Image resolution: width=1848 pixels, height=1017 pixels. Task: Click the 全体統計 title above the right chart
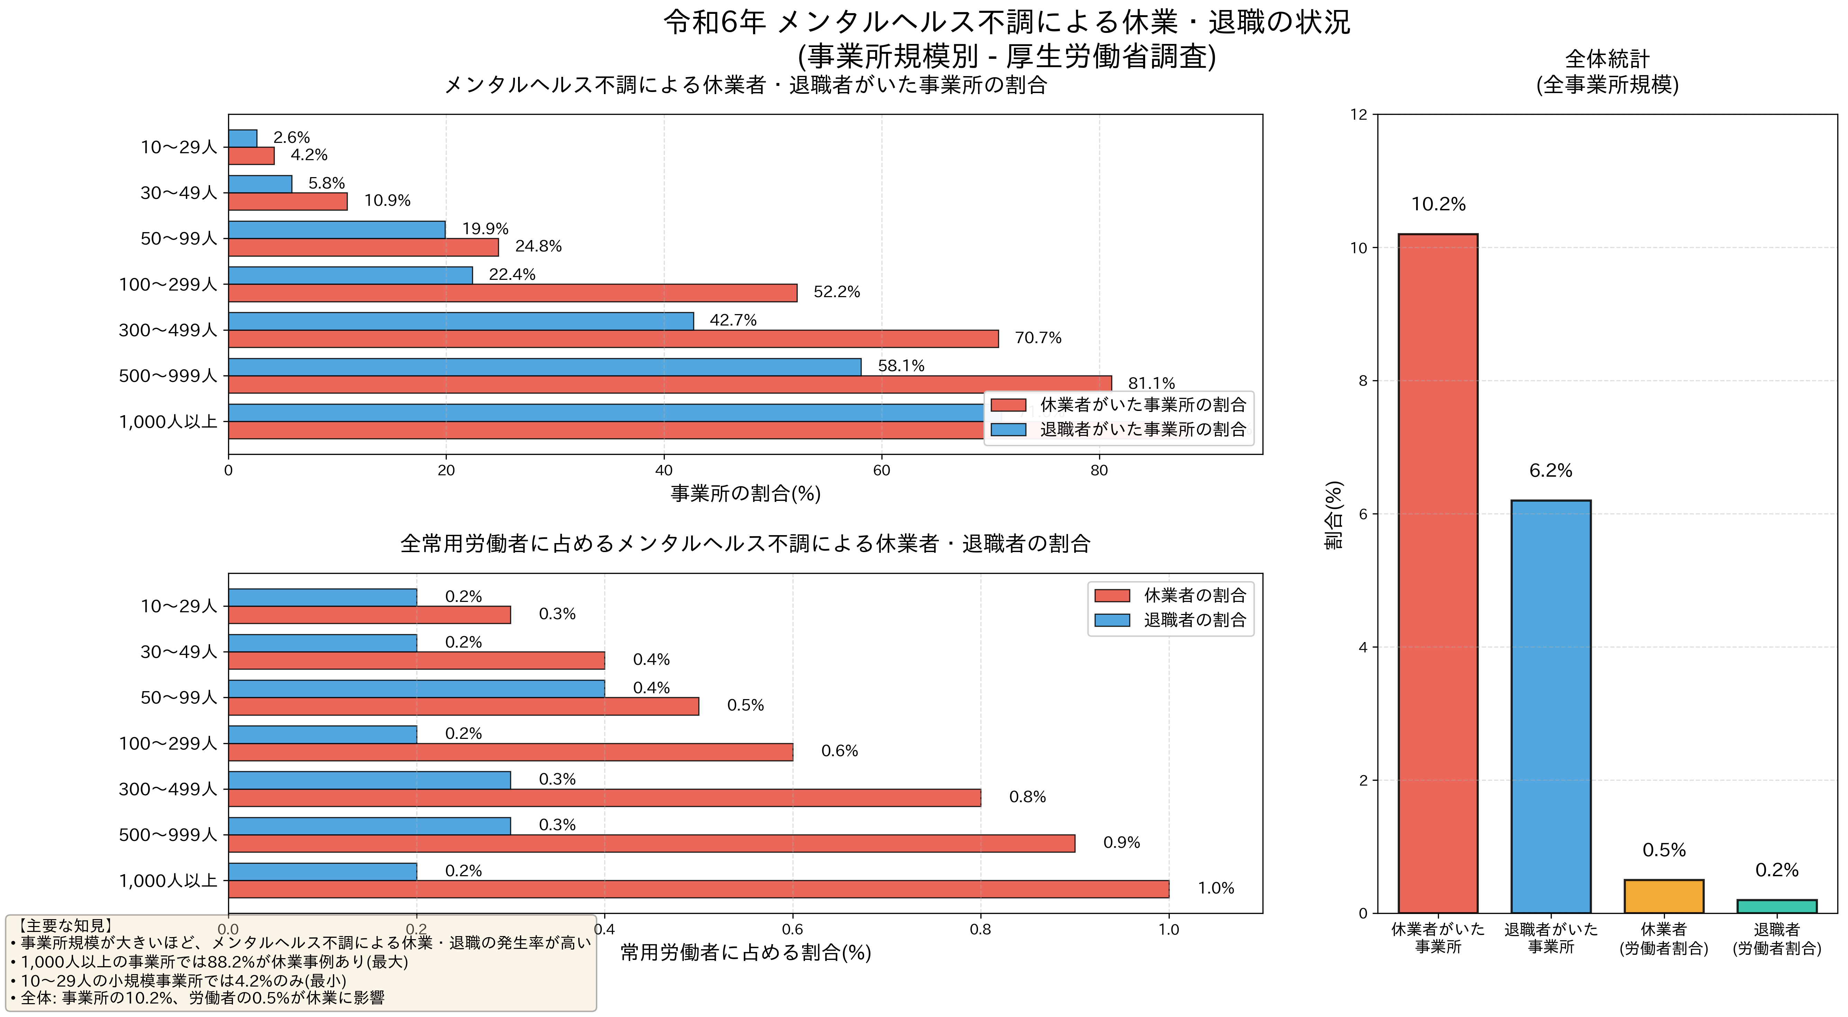pos(1607,59)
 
